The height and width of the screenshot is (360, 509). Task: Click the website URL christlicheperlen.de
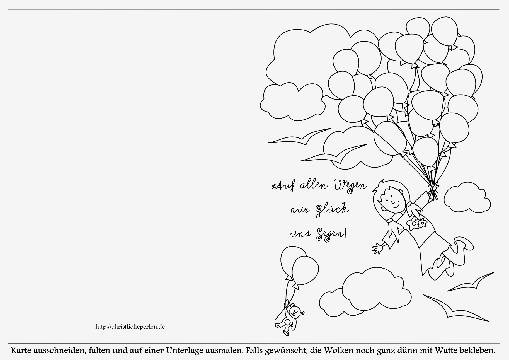click(130, 327)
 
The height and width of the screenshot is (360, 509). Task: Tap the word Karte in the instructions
click(22, 350)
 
